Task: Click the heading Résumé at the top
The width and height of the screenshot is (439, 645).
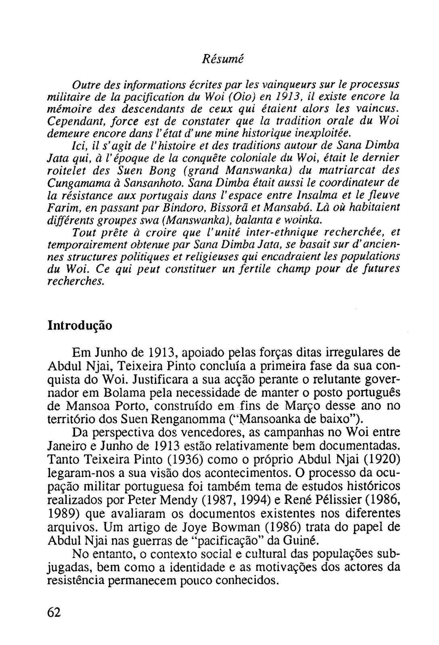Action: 223,59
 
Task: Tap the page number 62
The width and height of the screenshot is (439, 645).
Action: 54,612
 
